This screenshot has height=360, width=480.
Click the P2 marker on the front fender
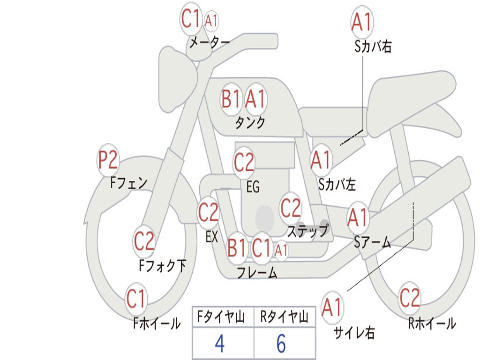click(x=108, y=160)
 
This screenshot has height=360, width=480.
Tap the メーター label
click(x=210, y=42)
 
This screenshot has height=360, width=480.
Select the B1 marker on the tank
click(x=231, y=99)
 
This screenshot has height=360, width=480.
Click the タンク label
click(x=250, y=122)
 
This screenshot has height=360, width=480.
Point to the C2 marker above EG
click(x=244, y=162)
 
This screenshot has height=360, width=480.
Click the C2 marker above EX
click(x=209, y=212)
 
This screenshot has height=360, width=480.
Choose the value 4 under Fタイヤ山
click(x=220, y=343)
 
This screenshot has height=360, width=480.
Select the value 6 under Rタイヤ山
click(x=281, y=343)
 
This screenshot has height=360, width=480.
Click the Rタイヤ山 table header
click(x=284, y=316)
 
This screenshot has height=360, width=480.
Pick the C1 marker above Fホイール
click(x=135, y=299)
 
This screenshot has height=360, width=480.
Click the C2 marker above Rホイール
click(x=410, y=298)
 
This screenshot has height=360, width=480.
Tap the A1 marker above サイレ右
click(x=332, y=307)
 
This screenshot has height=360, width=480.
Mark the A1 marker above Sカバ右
click(x=362, y=22)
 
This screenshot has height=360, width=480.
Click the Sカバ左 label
click(x=337, y=184)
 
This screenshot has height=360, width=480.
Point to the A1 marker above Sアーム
click(x=358, y=217)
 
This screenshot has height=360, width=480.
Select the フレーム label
click(x=257, y=272)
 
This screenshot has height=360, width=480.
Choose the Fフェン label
click(x=128, y=183)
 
